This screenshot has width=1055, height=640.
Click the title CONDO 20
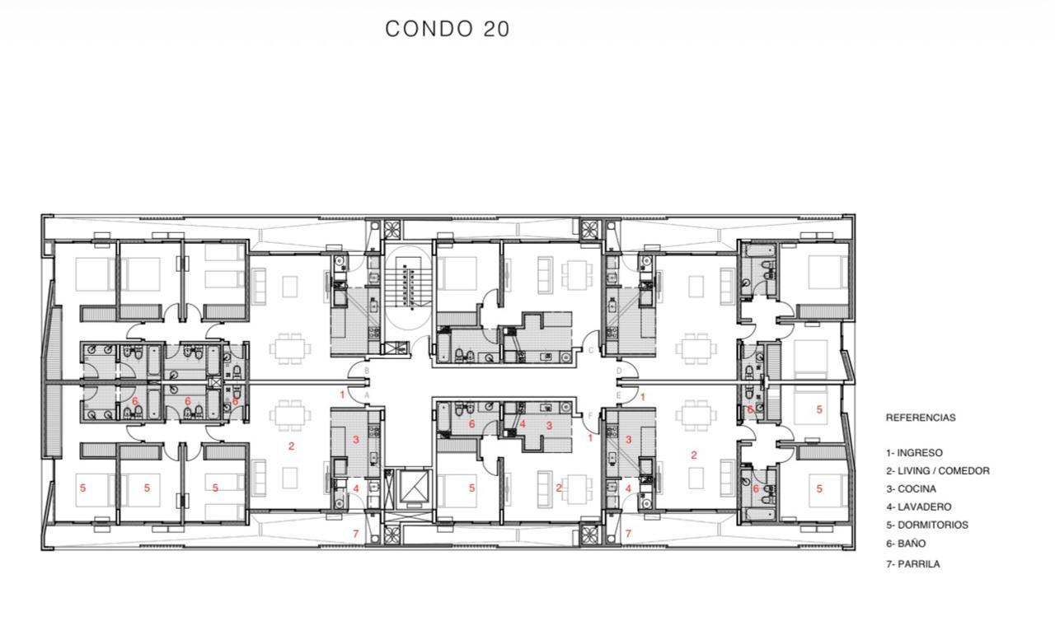[x=448, y=29]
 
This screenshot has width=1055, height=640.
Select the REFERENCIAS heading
[x=921, y=418]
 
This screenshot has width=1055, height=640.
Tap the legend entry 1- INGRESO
[x=914, y=453]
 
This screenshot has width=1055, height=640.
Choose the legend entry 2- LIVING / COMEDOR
[x=938, y=470]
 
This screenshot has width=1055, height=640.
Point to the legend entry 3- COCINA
[x=911, y=489]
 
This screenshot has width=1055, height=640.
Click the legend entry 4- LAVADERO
[x=918, y=507]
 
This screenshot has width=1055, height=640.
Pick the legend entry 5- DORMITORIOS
[x=927, y=525]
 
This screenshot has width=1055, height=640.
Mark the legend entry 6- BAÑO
[x=906, y=544]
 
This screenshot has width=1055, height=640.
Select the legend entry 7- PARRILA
[x=912, y=563]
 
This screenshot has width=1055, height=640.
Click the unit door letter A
[x=367, y=395]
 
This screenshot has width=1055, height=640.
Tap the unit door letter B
[x=367, y=371]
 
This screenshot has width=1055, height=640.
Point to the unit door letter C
[x=591, y=350]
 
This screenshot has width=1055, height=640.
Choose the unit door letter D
[x=619, y=371]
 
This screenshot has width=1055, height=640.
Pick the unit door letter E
[x=618, y=395]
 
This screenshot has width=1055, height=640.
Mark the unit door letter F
[x=590, y=415]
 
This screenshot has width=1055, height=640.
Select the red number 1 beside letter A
[x=342, y=395]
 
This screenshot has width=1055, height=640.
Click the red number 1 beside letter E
[x=643, y=397]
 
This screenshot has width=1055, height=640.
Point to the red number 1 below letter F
[x=590, y=438]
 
